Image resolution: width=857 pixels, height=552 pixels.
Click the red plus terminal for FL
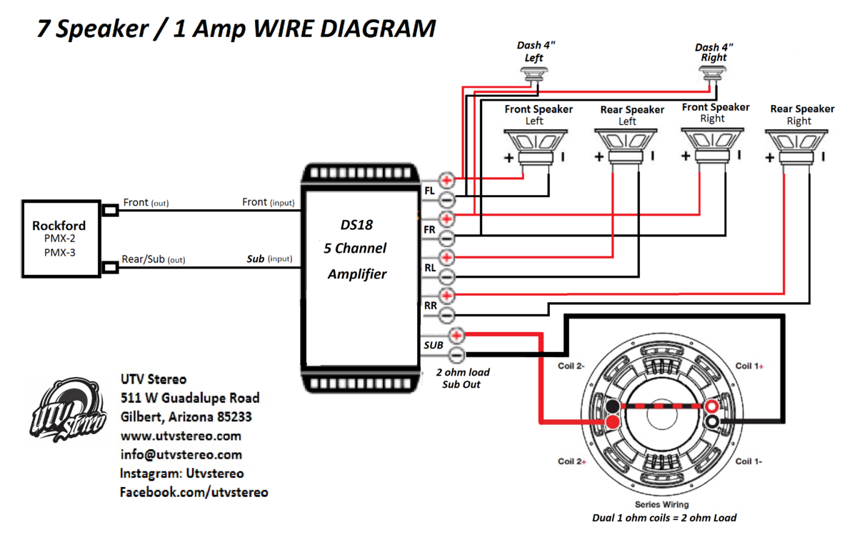pos(448,180)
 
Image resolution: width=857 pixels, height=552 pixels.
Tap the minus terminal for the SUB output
pos(456,354)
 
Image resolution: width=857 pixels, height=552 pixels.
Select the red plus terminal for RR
pos(448,295)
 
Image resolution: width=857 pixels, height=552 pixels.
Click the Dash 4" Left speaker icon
pos(534,74)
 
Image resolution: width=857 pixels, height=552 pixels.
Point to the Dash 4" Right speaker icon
pos(713,74)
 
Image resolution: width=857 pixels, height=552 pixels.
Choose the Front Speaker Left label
pos(538,115)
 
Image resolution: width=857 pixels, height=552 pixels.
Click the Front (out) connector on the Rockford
pos(111,210)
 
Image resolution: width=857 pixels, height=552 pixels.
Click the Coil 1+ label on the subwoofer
pos(750,366)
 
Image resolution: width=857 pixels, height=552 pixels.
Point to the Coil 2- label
pos(572,366)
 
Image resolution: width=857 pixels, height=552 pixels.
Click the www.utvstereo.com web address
pos(181,436)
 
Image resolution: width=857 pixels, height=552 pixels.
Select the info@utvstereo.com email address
pos(181,454)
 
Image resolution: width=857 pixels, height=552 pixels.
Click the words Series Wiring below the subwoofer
pos(662,504)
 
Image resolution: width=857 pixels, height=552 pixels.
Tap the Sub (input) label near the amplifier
pos(269,259)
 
